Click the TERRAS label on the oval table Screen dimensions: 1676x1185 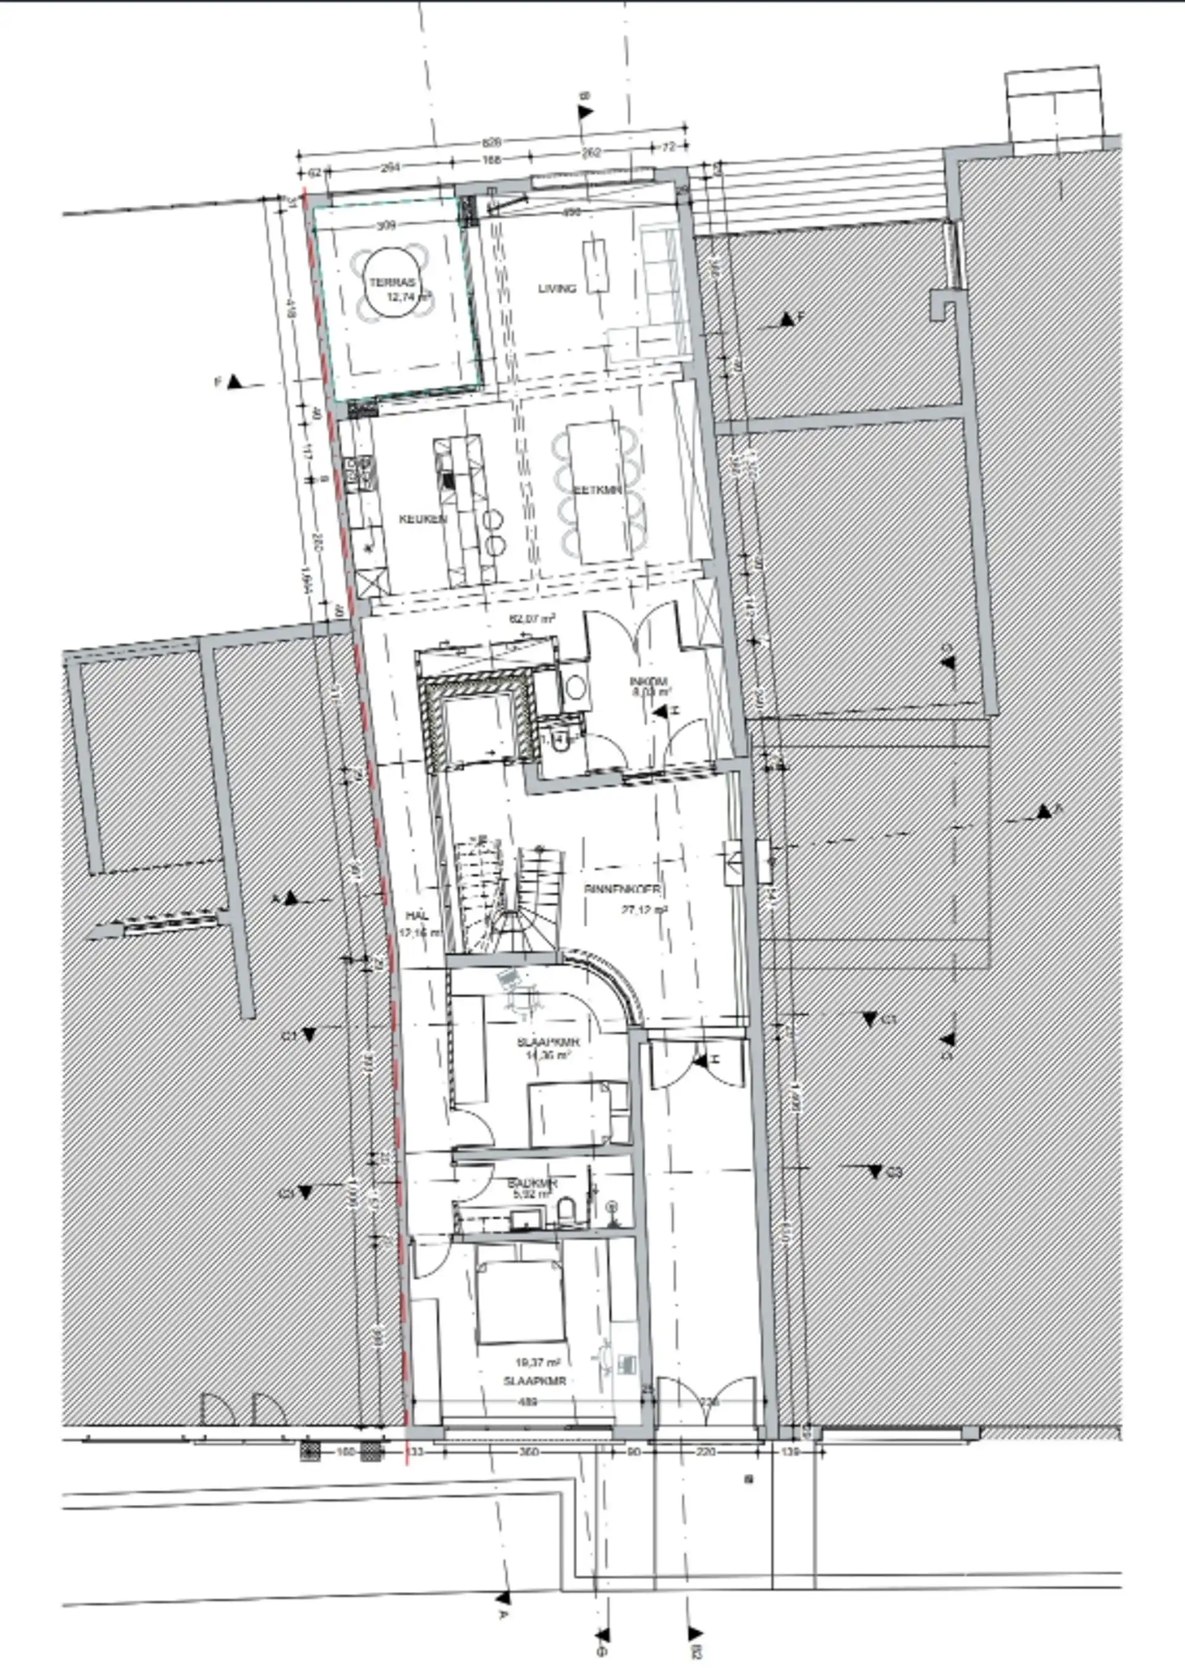[392, 283]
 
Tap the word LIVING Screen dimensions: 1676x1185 [557, 288]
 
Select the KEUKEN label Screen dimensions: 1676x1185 [423, 519]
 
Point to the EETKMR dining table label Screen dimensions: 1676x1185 [598, 490]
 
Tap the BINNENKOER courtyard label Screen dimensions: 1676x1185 [622, 889]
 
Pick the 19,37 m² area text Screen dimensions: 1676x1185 [538, 1362]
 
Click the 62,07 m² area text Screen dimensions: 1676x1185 [531, 618]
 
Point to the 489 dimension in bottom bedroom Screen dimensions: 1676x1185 [527, 1401]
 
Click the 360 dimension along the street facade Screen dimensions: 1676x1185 [528, 1452]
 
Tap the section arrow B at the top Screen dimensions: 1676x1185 [586, 111]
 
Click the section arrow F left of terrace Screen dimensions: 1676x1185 [235, 382]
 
